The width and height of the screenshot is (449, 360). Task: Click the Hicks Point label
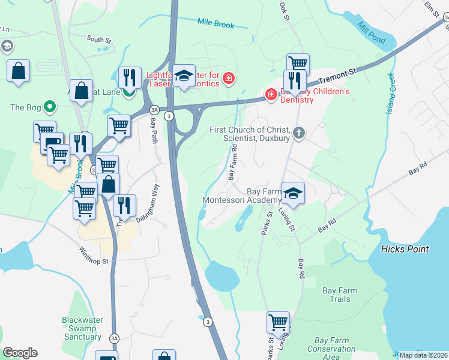point(405,248)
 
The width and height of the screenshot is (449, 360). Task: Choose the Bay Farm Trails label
point(340,295)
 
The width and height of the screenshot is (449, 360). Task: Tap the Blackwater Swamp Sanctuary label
point(82,328)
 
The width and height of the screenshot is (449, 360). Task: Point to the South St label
point(99,40)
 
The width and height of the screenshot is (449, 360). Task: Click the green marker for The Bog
point(50,108)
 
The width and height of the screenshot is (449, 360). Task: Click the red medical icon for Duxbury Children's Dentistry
point(271,95)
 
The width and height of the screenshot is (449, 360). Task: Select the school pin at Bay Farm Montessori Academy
point(292,193)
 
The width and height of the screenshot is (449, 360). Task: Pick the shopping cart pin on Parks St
point(278,322)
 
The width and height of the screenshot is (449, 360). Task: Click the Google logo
point(20,352)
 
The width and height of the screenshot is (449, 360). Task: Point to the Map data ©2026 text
point(424,355)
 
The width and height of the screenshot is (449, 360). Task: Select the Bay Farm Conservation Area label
point(331,349)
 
